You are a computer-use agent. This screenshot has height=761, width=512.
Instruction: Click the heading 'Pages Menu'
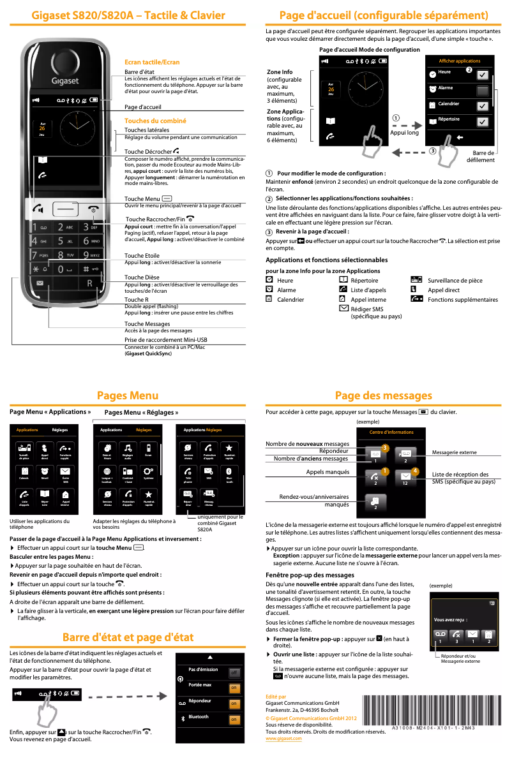[x=128, y=396]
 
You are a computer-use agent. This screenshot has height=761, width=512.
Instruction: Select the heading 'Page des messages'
[x=384, y=396]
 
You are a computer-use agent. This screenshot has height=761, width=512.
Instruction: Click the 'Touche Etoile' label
[x=142, y=255]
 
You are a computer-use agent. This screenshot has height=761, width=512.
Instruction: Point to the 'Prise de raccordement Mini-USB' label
[x=165, y=340]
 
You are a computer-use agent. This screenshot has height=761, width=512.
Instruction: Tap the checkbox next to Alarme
[x=483, y=91]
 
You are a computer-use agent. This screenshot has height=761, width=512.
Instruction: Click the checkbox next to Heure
[x=483, y=75]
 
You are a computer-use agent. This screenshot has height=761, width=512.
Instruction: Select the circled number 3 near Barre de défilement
[x=432, y=151]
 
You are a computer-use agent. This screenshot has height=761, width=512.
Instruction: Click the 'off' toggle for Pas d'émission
[x=234, y=673]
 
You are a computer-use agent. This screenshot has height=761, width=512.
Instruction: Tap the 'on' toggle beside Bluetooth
[x=234, y=720]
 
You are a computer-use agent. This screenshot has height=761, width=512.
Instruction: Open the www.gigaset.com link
[x=283, y=738]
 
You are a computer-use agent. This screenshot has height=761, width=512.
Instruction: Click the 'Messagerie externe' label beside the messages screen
[x=455, y=452]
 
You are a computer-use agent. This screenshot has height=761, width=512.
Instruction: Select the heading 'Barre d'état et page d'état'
[x=128, y=637]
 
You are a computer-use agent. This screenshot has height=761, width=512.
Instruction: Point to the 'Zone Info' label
[x=280, y=72]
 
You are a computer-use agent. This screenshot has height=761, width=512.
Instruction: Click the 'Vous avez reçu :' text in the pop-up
[x=450, y=619]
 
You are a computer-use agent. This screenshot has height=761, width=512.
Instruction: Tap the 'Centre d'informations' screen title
[x=391, y=432]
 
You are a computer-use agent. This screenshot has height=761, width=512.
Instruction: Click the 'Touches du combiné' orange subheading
[x=155, y=121]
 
